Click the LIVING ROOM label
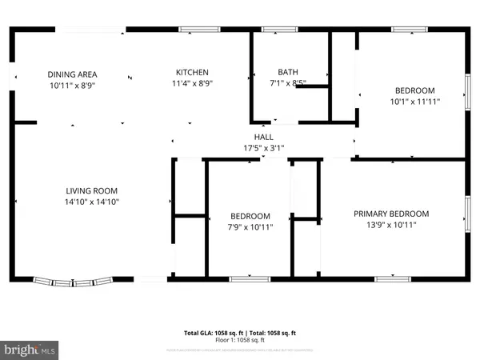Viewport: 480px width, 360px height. coord(91,190)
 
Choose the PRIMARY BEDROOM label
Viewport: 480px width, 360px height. coord(392,214)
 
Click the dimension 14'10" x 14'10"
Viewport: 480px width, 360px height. coord(91,202)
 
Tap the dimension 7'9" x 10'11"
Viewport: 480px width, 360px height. coord(250,227)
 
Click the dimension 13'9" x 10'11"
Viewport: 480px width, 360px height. coord(392,225)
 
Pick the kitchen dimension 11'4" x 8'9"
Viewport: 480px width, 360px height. coord(192,83)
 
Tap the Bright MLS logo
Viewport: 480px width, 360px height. coord(30,348)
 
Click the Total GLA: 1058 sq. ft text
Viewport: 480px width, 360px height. coord(213,331)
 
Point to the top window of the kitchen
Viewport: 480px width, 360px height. coord(196,30)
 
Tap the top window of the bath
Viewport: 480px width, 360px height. coord(279,30)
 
